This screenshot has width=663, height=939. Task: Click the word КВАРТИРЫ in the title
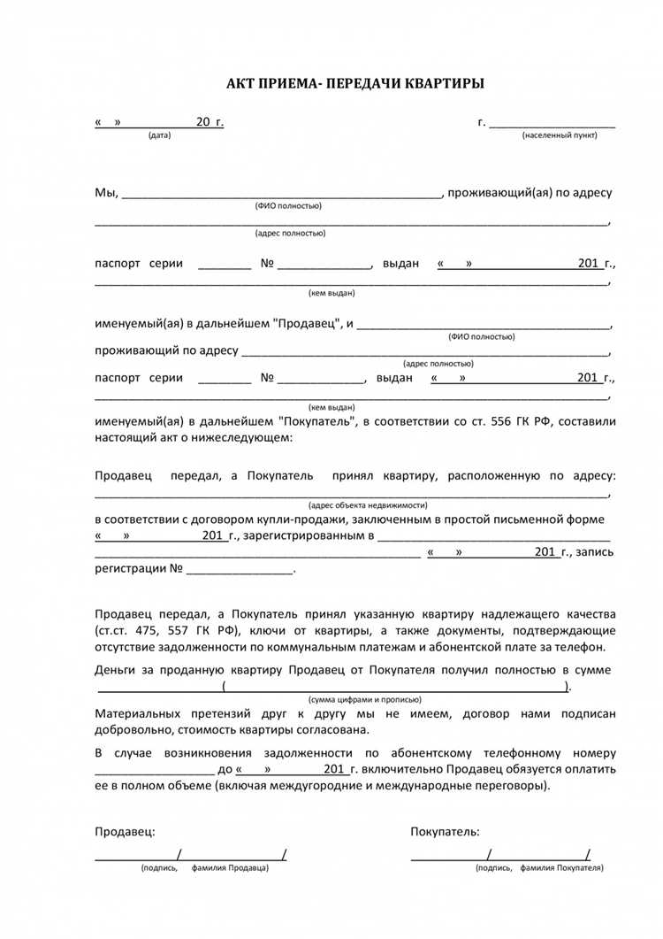click(445, 83)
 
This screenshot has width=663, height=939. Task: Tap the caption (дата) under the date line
click(160, 135)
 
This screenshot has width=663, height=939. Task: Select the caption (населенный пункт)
click(559, 135)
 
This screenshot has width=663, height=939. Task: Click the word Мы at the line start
click(105, 193)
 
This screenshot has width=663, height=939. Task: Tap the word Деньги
click(116, 671)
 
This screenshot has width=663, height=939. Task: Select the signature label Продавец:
click(125, 832)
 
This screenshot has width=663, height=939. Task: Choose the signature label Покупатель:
click(445, 832)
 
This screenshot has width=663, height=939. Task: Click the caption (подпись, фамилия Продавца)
click(204, 868)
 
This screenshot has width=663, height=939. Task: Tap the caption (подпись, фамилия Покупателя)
click(539, 868)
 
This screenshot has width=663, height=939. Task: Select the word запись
click(595, 552)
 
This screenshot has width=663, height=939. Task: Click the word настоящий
click(125, 438)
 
